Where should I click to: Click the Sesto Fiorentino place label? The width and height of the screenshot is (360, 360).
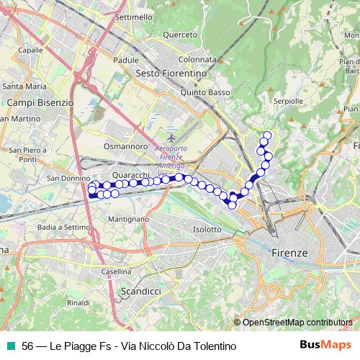coord(171,73)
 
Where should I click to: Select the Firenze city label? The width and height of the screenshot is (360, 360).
coord(290,253)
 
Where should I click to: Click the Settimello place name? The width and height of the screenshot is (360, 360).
coord(133,16)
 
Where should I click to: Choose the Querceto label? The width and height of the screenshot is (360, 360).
coord(180,34)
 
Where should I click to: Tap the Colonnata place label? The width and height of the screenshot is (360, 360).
coord(197,60)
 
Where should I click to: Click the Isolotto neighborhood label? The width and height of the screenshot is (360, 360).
coord(207,229)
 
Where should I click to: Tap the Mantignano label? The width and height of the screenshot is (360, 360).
coord(127,218)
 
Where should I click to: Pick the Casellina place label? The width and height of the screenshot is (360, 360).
coord(115,271)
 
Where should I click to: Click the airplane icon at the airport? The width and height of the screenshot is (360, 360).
coord(171,137)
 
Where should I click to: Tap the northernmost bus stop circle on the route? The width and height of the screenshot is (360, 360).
coord(268,135)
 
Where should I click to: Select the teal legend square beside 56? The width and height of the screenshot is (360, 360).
coord(11,346)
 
